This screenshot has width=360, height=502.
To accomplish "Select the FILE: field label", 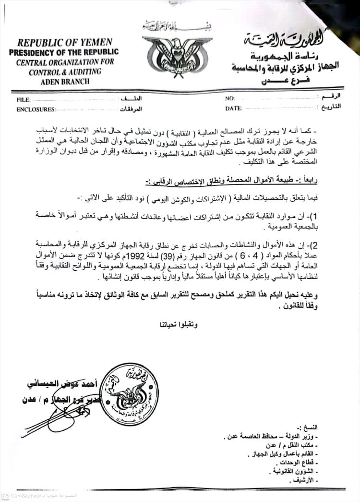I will (23, 100).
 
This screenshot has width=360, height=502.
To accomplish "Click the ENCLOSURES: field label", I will (36, 110).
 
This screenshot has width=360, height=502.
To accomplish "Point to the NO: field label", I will (230, 98).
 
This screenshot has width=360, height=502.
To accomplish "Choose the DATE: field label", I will (233, 109).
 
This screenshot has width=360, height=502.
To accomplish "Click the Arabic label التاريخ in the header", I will (331, 107).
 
